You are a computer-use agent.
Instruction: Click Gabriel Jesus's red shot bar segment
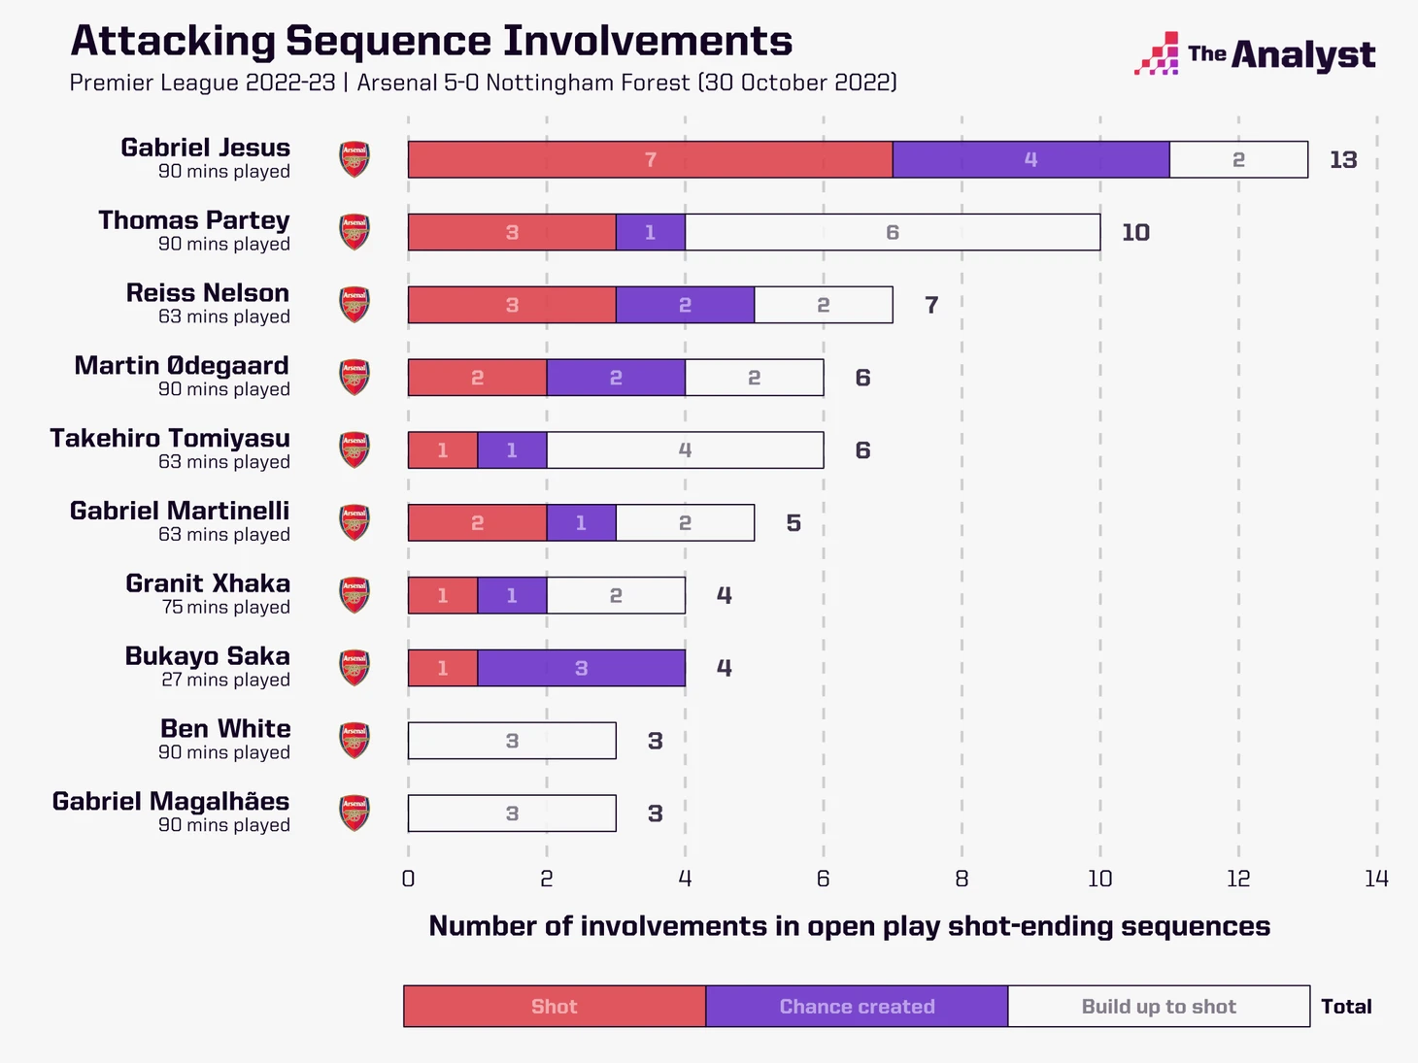coord(650,159)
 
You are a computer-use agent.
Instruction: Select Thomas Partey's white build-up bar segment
coord(892,232)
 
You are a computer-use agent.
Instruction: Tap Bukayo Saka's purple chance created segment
coord(581,668)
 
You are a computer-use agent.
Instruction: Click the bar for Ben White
coord(512,741)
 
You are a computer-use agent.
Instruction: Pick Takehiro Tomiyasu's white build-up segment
coord(685,450)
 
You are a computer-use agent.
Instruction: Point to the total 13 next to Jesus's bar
coord(1343,160)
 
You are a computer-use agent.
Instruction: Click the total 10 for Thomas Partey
coord(1135,233)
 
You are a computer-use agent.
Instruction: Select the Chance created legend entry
coord(857,1007)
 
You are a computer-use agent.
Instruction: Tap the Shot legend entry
coord(555,1007)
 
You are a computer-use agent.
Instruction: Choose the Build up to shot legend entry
coord(1159,1007)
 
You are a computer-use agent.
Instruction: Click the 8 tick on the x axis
coord(962,879)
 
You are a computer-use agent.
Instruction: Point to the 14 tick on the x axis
coord(1376,879)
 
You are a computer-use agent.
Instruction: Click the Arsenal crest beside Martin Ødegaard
coord(354,377)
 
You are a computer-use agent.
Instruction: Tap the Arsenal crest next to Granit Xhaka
coord(354,595)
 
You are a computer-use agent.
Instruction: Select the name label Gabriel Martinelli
coord(180,511)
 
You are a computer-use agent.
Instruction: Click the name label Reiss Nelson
coord(208,293)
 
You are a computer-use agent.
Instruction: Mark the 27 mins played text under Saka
coord(225,680)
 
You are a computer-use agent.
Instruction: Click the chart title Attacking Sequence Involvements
coord(431,41)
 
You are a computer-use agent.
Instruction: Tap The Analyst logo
coord(1255,54)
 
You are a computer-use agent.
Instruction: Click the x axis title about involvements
coord(849,926)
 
